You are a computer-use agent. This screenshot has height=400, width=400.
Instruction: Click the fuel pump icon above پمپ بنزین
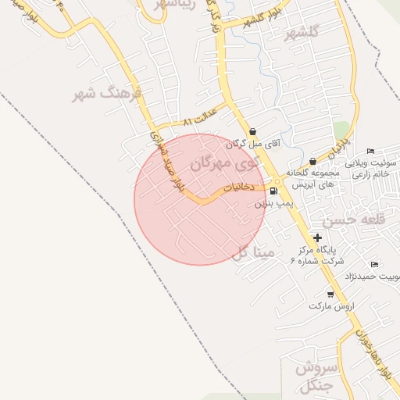273,191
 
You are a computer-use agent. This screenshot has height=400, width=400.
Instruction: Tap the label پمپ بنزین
273,202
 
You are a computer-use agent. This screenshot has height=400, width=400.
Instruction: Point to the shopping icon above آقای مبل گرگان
252,133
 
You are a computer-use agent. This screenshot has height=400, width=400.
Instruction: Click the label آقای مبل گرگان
253,145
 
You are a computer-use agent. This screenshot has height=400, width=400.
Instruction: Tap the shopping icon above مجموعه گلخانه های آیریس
313,162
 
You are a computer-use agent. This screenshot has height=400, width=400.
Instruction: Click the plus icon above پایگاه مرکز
317,237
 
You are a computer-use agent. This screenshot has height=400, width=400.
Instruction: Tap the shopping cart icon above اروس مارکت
330,295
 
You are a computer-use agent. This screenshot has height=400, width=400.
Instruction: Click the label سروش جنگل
316,377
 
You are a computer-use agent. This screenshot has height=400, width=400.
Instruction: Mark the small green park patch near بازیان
341,130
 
